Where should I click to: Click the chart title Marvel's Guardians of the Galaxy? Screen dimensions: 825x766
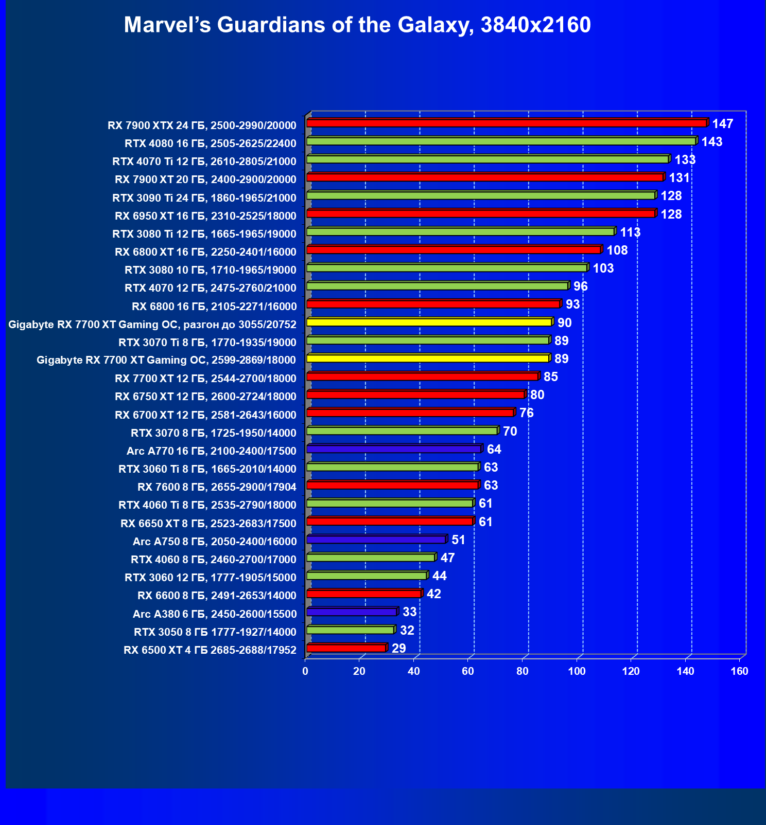[357, 25]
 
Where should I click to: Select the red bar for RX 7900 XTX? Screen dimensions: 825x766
[507, 123]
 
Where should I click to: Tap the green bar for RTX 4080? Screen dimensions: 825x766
[500, 141]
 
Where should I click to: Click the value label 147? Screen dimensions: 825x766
[722, 124]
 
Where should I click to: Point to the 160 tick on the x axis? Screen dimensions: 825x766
[740, 671]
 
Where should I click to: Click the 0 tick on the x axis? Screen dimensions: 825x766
[305, 671]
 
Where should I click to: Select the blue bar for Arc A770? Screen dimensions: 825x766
[394, 449]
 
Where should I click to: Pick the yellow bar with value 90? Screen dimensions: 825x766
[429, 322]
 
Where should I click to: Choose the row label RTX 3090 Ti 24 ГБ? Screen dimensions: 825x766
[204, 198]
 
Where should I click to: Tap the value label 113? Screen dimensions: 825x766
[630, 232]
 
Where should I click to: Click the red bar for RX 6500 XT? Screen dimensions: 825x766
[346, 648]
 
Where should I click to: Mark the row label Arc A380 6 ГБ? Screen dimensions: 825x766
[215, 614]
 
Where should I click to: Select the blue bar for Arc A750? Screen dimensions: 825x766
[376, 540]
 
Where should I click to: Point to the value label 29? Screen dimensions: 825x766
[398, 648]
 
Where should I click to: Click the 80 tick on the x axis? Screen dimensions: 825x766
[522, 671]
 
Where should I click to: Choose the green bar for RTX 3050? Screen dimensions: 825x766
[350, 630]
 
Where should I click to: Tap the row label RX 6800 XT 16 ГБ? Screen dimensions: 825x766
[205, 252]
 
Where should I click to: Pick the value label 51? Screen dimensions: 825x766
[458, 540]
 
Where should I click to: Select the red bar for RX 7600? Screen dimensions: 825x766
[392, 485]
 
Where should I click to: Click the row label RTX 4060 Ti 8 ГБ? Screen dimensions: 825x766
[207, 505]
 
